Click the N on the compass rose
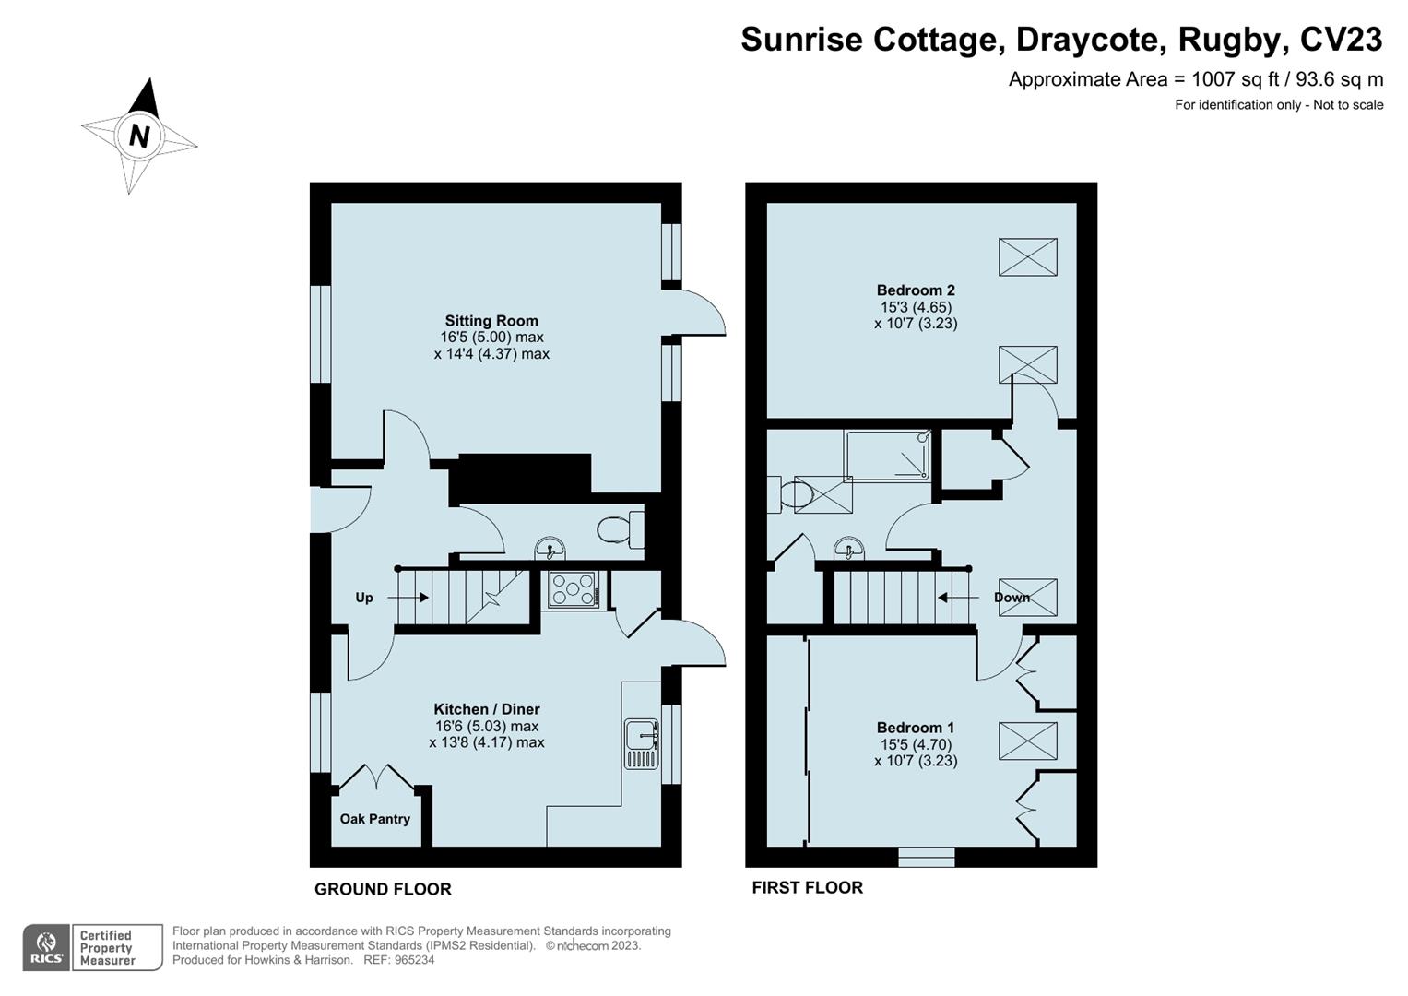(x=139, y=136)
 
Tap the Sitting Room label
(x=491, y=321)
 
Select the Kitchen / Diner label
(x=486, y=709)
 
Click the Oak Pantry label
(x=374, y=819)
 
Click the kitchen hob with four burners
(x=573, y=589)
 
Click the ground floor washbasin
(x=550, y=549)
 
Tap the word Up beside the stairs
(x=364, y=598)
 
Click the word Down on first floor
(x=1011, y=598)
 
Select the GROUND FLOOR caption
(x=383, y=889)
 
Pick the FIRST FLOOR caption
(x=807, y=887)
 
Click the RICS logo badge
(x=46, y=947)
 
